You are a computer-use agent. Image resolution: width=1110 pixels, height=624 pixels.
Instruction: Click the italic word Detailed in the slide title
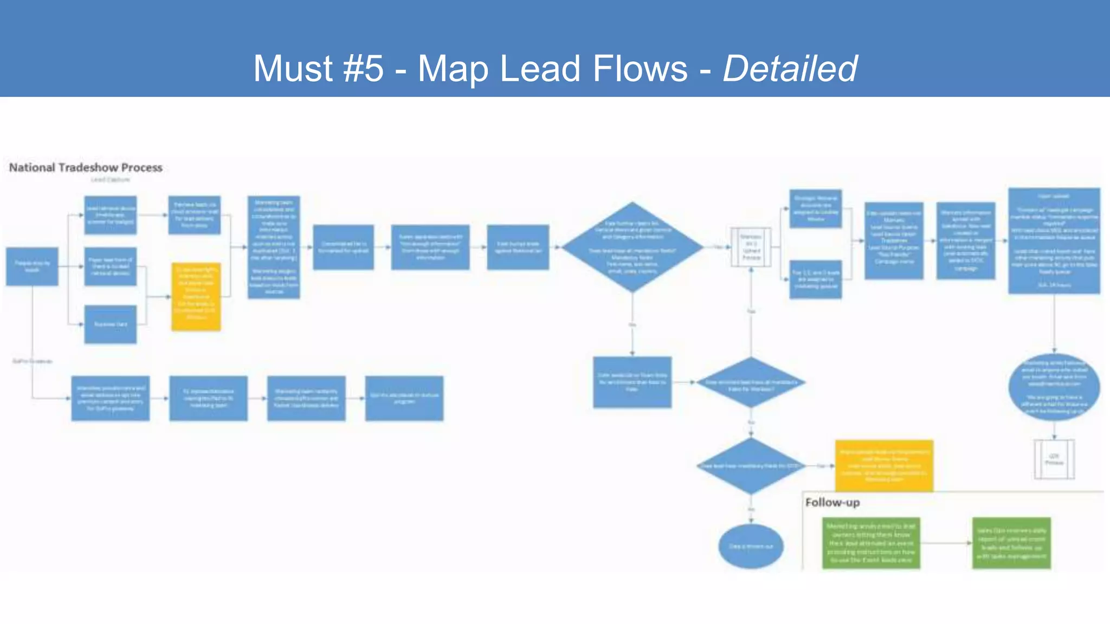790,69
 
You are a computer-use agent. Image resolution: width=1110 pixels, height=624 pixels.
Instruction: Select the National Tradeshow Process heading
86,167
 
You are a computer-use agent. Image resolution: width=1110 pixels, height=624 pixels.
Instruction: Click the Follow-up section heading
832,503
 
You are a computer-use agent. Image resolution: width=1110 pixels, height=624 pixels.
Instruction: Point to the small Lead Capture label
111,180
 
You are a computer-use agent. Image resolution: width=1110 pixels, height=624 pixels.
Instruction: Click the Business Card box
111,324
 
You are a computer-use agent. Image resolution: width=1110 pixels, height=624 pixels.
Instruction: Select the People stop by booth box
32,266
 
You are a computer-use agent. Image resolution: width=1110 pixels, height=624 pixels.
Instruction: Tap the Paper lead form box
111,266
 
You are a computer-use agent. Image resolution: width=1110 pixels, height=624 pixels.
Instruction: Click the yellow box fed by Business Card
196,296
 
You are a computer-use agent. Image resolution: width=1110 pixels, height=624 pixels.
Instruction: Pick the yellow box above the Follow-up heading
884,465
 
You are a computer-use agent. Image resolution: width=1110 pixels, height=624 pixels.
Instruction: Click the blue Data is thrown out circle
751,546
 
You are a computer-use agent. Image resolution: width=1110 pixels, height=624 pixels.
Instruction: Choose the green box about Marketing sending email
871,543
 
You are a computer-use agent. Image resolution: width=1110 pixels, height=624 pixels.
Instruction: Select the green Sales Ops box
1011,543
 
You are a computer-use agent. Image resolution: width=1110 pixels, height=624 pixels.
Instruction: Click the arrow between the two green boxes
946,543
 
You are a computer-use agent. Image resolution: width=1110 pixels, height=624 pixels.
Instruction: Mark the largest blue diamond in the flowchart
632,247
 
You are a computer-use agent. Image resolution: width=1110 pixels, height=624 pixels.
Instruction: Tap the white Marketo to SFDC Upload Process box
751,247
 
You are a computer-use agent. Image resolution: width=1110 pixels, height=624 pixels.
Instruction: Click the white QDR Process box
1054,459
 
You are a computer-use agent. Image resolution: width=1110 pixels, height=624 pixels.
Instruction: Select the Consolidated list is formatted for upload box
343,247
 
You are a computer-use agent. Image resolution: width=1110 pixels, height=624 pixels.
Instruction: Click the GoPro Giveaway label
33,361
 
